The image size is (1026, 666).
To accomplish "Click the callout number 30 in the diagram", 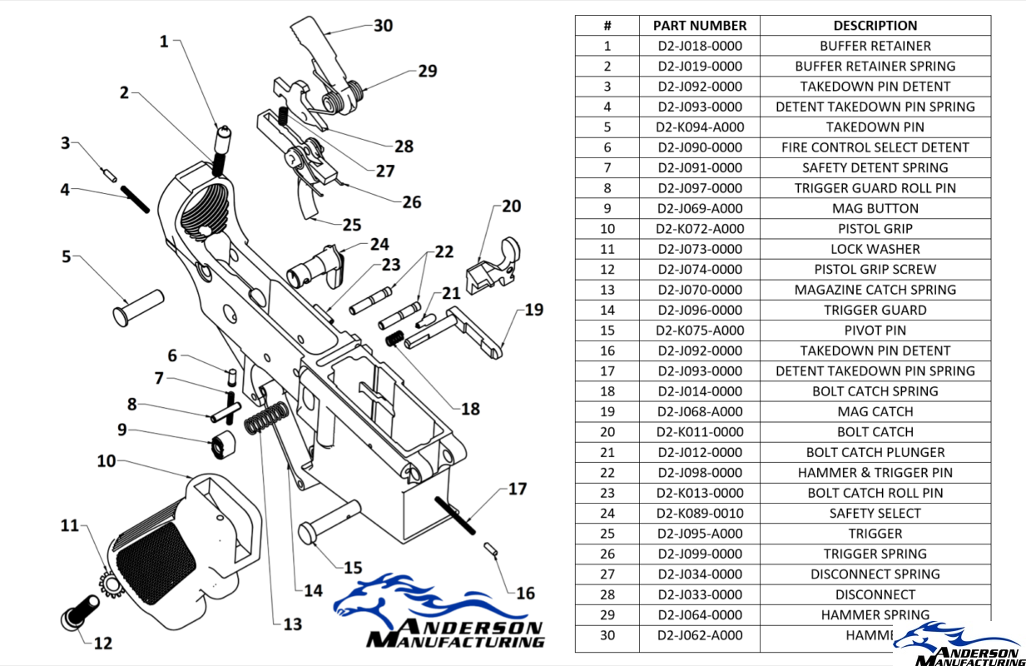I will pyautogui.click(x=383, y=26).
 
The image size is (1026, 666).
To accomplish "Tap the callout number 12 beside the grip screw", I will pyautogui.click(x=103, y=643).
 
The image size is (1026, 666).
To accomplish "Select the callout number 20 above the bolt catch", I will pyautogui.click(x=511, y=206).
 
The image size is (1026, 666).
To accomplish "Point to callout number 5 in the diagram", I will pyautogui.click(x=67, y=256).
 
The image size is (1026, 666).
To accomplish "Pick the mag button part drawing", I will pyautogui.click(x=222, y=444).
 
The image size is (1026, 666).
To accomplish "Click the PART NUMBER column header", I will pyautogui.click(x=699, y=26).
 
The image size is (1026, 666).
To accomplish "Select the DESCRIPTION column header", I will pyautogui.click(x=875, y=26).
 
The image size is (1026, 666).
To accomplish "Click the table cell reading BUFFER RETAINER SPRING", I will pyautogui.click(x=875, y=67).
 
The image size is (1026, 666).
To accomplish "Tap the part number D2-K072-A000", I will pyautogui.click(x=699, y=229).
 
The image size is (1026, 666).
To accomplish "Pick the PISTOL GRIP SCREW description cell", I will pyautogui.click(x=875, y=270).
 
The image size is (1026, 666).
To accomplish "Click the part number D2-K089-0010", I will pyautogui.click(x=699, y=514).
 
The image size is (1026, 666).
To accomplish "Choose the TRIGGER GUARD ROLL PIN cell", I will pyautogui.click(x=875, y=188).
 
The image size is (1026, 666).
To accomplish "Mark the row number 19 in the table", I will pyautogui.click(x=607, y=412).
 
